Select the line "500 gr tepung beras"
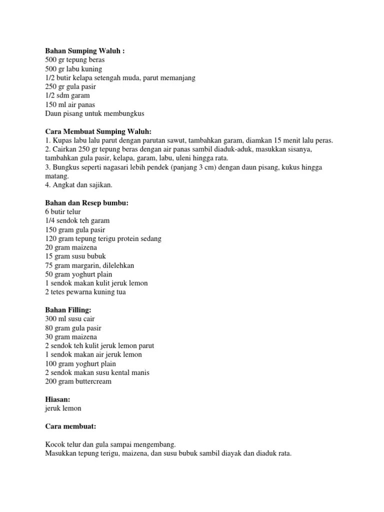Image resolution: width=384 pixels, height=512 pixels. [75, 59]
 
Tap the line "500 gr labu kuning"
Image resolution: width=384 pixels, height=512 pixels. [73, 68]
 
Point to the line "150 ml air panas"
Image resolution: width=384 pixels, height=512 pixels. [70, 104]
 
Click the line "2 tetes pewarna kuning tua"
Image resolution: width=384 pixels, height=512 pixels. [85, 292]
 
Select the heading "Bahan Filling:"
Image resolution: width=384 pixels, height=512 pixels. [68, 310]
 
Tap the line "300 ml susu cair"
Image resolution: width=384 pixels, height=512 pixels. [70, 318]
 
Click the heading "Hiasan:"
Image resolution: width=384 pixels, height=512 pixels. [58, 399]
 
